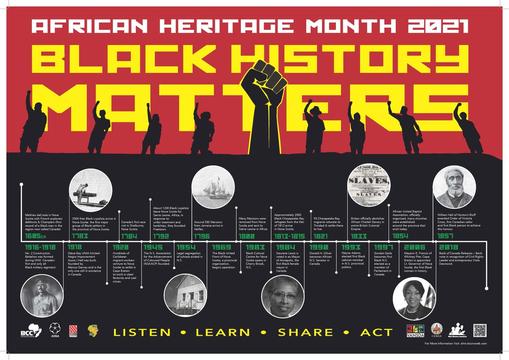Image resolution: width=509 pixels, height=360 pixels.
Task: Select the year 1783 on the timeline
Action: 81,236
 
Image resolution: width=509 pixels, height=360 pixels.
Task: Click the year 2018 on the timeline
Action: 448,247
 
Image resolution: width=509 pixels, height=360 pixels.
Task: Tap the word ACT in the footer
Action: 376,332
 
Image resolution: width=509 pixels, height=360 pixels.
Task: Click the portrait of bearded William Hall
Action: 453,186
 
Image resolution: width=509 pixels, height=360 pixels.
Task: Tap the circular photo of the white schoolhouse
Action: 184,295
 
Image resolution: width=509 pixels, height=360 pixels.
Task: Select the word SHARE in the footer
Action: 305,332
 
